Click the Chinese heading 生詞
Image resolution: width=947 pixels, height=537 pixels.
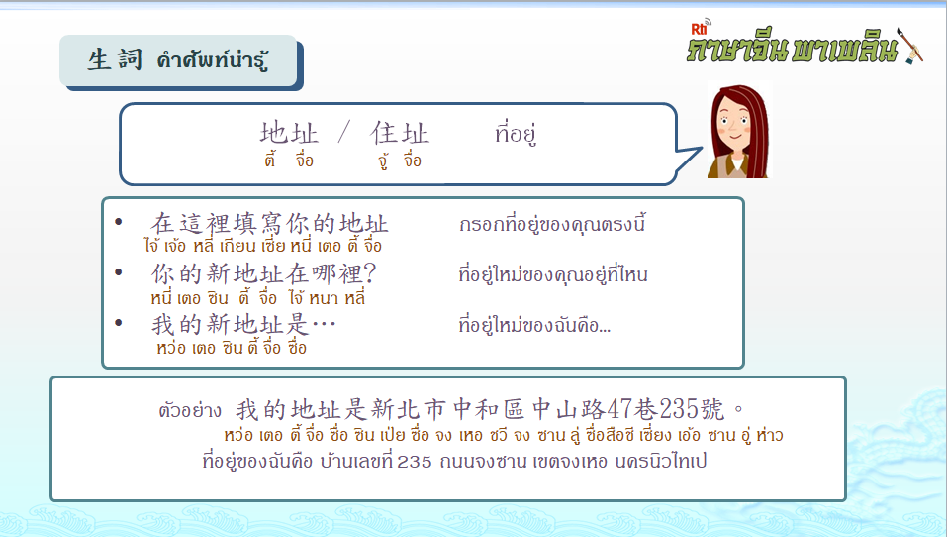[116, 59]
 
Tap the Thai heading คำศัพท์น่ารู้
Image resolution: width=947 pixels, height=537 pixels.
[212, 60]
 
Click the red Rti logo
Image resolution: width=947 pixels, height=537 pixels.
[700, 29]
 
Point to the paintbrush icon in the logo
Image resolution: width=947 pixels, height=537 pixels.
[910, 45]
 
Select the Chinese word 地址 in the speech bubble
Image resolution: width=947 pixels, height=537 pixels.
[289, 133]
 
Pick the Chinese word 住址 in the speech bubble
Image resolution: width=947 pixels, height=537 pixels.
[399, 133]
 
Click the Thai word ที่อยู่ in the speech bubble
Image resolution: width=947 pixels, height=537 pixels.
[516, 133]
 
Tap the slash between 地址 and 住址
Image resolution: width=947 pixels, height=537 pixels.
[343, 132]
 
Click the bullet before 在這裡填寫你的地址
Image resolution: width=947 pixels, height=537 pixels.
[119, 222]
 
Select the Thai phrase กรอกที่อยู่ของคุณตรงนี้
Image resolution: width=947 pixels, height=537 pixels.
[552, 224]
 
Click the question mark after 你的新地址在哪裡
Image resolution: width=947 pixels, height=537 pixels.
[369, 273]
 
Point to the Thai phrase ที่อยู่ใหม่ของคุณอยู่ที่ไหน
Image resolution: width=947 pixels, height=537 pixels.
[553, 275]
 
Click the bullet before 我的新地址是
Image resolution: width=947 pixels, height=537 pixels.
[119, 322]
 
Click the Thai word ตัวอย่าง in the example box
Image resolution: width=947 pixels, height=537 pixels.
[190, 410]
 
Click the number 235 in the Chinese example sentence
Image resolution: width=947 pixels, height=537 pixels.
[678, 410]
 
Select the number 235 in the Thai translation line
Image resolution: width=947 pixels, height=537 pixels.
[415, 462]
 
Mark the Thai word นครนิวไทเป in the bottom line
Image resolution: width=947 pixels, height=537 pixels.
[661, 461]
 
